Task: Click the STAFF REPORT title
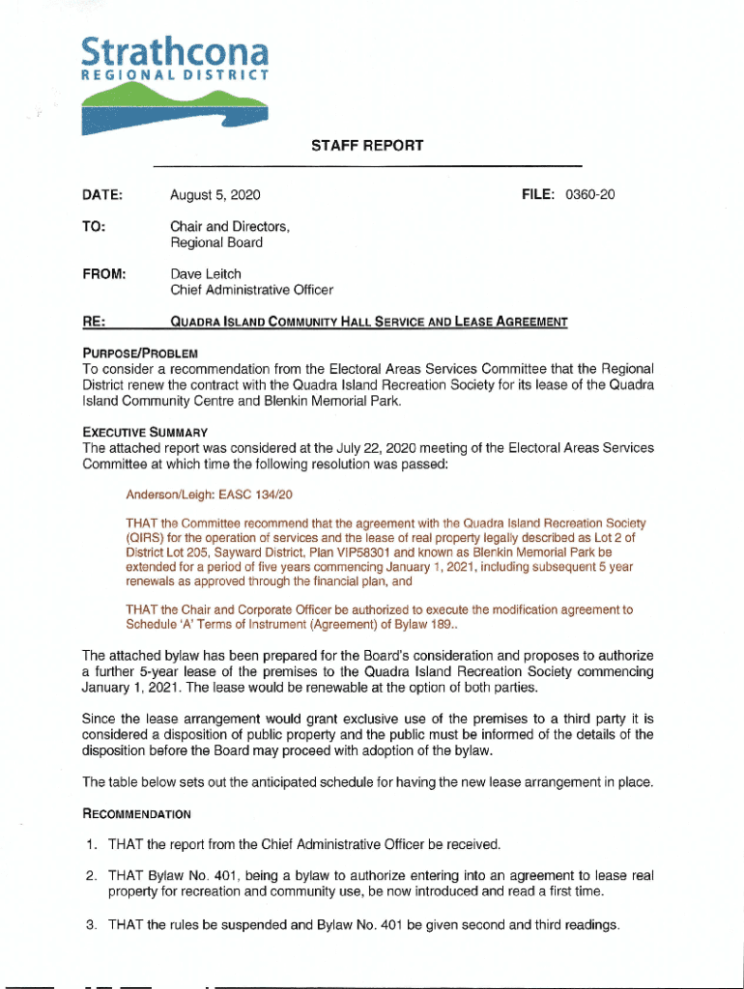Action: pyautogui.click(x=367, y=146)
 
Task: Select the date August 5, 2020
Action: pyautogui.click(x=215, y=195)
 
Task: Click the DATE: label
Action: pyautogui.click(x=102, y=195)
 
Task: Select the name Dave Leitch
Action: pyautogui.click(x=206, y=273)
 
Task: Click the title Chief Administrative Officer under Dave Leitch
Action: pyautogui.click(x=251, y=290)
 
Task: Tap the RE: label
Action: pyautogui.click(x=95, y=322)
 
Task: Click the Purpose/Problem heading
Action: pyautogui.click(x=140, y=353)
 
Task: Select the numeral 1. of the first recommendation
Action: pyautogui.click(x=90, y=845)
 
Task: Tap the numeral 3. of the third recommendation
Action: pyautogui.click(x=90, y=925)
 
